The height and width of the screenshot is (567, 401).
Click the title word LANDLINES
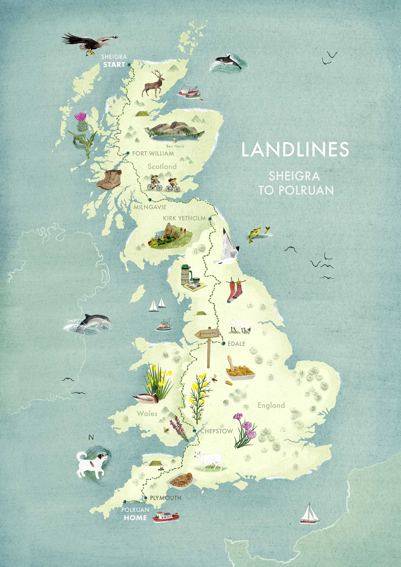295,150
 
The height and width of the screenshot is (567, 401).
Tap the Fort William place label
153,153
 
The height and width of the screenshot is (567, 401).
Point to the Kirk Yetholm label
184,218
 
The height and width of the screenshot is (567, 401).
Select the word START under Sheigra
114,64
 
